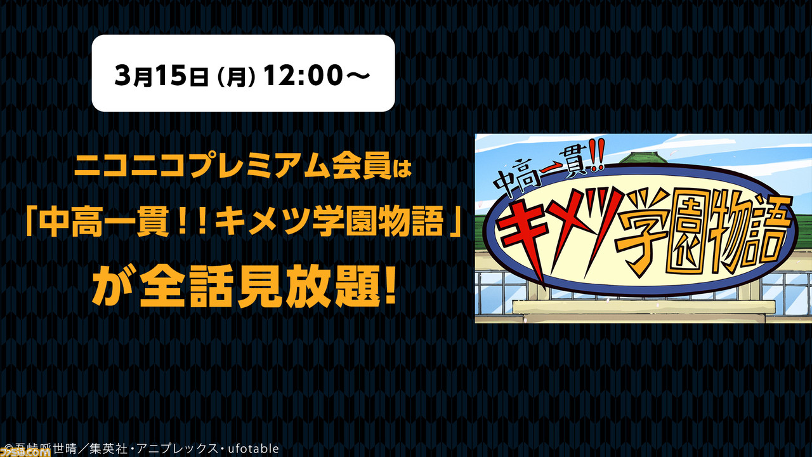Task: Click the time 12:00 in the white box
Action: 303,75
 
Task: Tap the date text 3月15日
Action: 161,75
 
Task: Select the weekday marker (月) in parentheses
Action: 235,76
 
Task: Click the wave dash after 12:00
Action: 357,75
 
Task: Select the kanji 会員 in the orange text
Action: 359,168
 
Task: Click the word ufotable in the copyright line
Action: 253,449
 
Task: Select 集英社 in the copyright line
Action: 108,449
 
